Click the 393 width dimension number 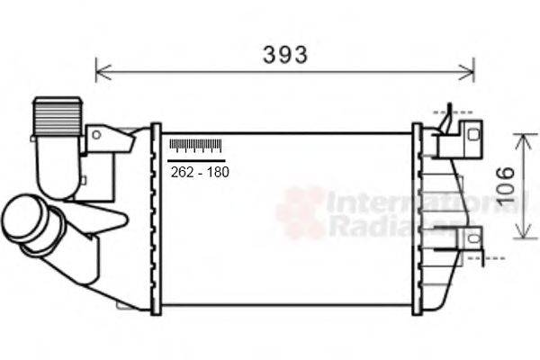tap(285, 55)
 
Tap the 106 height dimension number tap(506, 185)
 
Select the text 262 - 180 tap(199, 172)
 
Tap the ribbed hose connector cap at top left tap(58, 114)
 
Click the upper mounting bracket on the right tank tap(459, 135)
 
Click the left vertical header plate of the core tap(156, 218)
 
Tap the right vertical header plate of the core tap(417, 218)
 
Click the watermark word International tap(423, 202)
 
